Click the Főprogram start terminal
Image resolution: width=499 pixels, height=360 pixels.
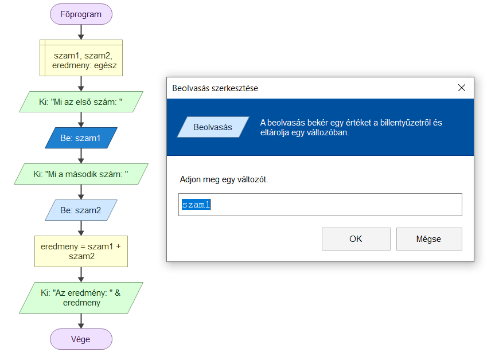[81, 14]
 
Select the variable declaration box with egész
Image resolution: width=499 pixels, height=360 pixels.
[81, 58]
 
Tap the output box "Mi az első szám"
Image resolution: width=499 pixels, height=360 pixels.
[81, 102]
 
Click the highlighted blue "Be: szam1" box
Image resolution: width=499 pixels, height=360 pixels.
[81, 138]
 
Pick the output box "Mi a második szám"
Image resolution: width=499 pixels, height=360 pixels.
[81, 174]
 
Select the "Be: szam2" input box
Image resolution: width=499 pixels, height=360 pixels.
[81, 210]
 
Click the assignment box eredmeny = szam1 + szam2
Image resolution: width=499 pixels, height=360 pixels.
[81, 251]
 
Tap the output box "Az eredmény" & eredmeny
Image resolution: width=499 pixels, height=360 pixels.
[81, 298]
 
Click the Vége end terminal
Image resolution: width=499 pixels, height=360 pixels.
[81, 339]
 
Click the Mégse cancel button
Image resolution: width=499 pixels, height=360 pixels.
[429, 239]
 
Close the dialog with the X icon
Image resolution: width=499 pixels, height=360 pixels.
[462, 88]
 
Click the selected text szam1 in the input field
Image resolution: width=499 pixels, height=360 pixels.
[196, 205]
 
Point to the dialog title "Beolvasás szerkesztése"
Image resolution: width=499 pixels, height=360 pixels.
[215, 88]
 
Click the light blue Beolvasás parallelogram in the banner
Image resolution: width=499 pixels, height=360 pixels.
[213, 127]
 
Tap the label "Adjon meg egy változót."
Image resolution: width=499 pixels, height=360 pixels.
[224, 179]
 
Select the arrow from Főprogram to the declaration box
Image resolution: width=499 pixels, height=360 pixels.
[81, 32]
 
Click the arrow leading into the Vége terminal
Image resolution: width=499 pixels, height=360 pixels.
[81, 321]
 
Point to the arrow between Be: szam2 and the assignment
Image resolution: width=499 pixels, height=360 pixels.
[81, 228]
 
